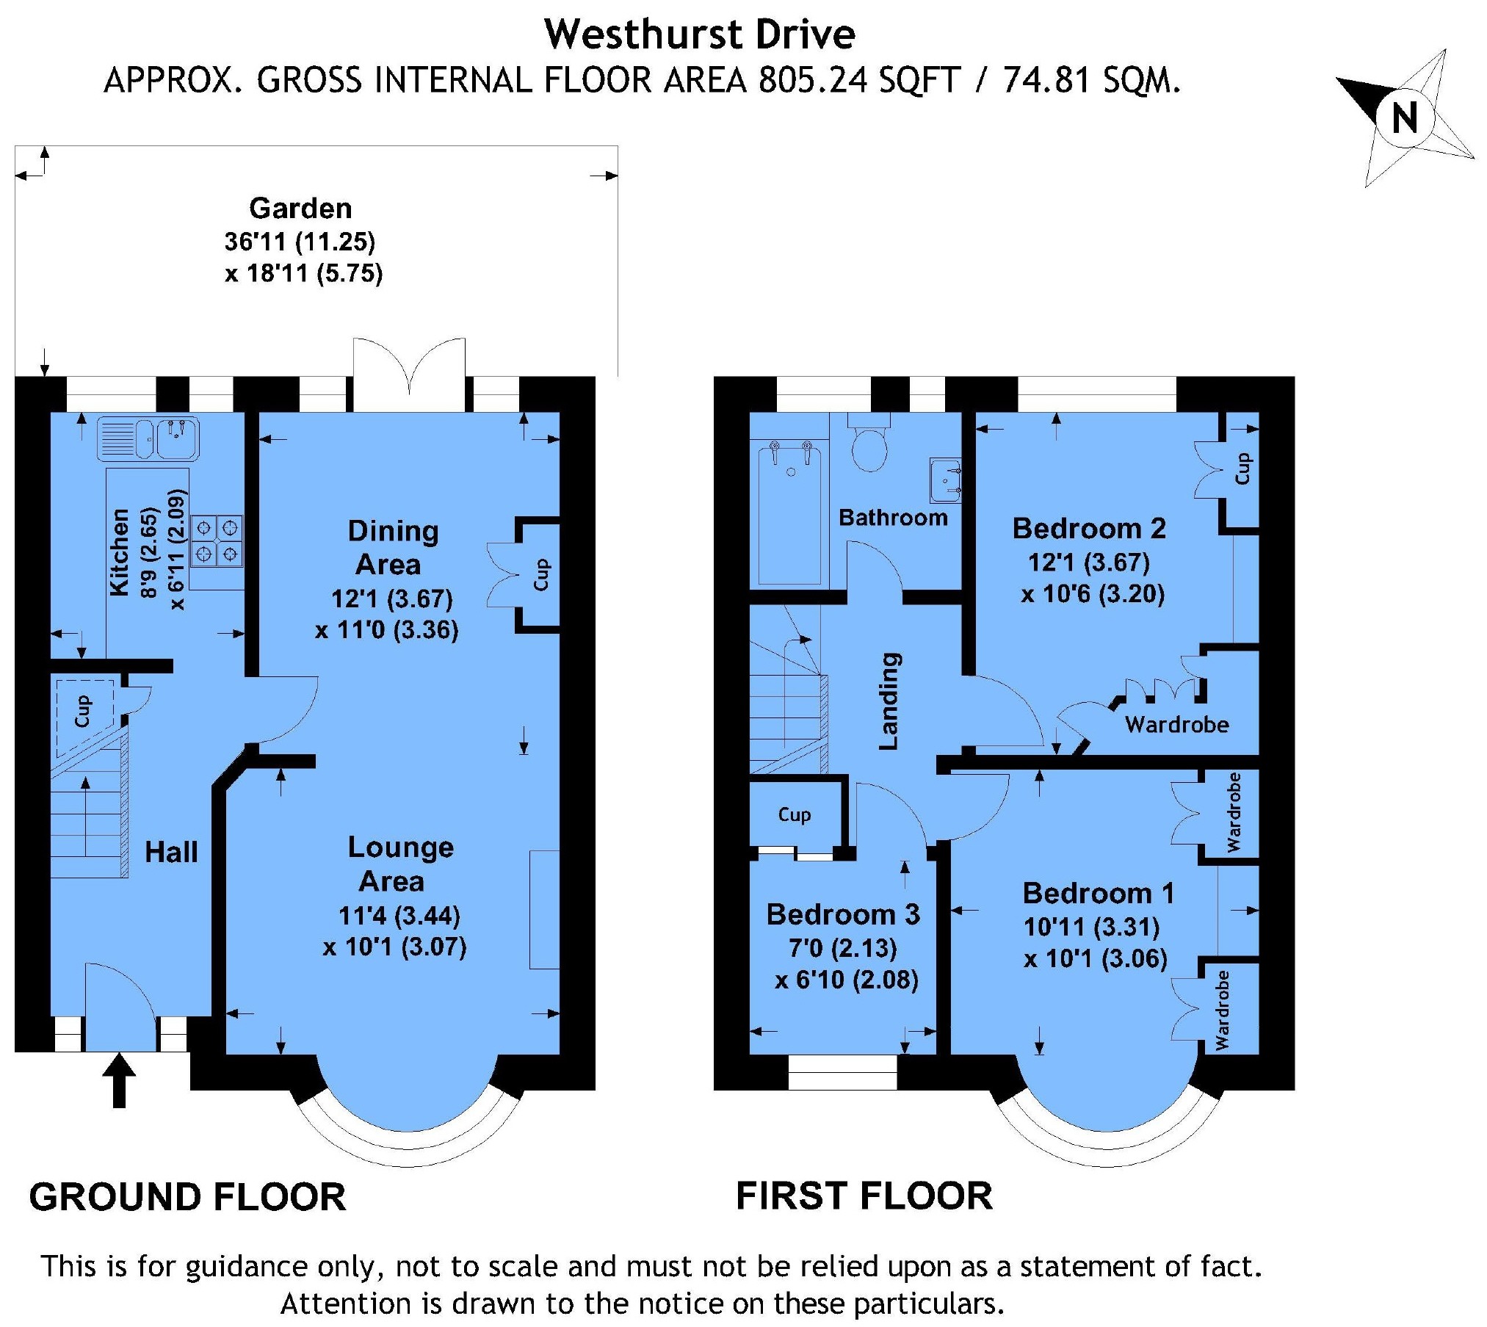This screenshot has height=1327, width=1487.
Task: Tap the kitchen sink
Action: click(148, 438)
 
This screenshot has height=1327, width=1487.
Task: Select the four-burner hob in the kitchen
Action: click(217, 541)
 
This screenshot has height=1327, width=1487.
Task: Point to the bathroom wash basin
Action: click(945, 480)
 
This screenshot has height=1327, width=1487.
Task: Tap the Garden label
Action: click(300, 209)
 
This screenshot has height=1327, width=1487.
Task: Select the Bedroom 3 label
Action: click(843, 914)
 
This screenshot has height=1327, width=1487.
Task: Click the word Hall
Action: click(171, 852)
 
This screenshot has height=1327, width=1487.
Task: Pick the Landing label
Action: click(889, 701)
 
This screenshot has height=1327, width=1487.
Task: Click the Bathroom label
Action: click(893, 518)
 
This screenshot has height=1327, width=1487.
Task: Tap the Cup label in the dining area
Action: click(541, 574)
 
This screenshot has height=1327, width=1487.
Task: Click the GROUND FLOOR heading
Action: click(187, 1197)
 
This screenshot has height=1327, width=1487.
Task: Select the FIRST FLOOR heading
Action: click(864, 1196)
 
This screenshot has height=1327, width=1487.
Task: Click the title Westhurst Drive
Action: click(700, 35)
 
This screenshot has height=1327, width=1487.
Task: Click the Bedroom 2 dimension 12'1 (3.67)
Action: click(1088, 563)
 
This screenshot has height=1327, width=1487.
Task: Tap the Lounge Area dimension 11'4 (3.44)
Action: click(399, 916)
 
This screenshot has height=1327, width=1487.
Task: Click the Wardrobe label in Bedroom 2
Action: click(1177, 725)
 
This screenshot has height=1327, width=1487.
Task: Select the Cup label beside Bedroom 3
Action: click(795, 814)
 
